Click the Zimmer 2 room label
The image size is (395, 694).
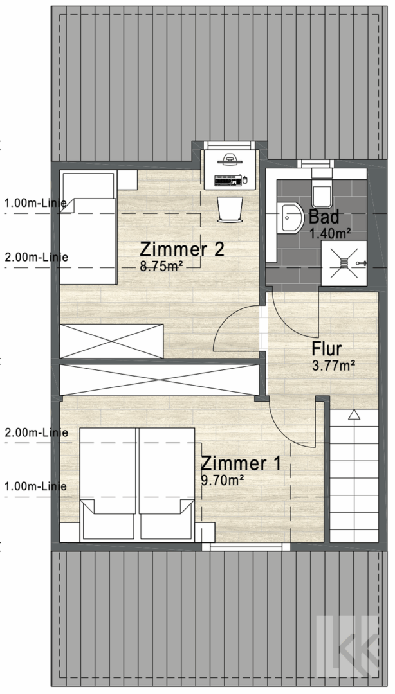click(182, 249)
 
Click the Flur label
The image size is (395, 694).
click(327, 350)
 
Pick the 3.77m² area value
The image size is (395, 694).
click(333, 366)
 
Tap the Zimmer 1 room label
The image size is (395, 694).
click(241, 463)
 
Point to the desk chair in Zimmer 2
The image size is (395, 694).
click(230, 209)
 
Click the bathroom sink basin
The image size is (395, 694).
click(292, 218)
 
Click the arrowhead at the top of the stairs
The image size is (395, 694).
click(353, 414)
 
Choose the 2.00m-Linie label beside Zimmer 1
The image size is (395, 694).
click(36, 432)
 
